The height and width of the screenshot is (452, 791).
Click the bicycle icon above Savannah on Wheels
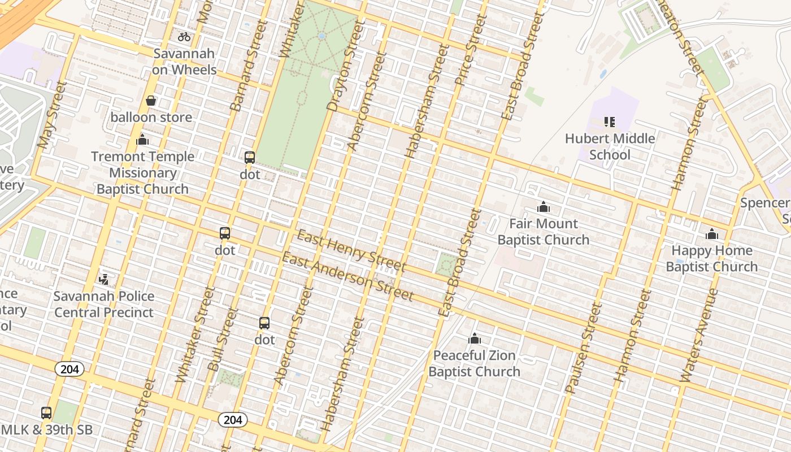[184, 37]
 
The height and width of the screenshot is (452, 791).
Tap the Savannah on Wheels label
[184, 62]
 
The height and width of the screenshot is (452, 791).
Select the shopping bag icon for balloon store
[151, 101]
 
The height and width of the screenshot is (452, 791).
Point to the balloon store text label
[151, 118]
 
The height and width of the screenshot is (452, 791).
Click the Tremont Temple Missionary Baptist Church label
[142, 173]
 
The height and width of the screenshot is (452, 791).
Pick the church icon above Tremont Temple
[142, 140]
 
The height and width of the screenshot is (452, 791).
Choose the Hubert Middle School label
[610, 146]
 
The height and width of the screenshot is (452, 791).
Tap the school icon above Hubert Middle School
[610, 121]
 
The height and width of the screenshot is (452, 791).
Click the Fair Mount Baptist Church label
[543, 232]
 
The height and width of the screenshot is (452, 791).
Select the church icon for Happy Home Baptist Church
[711, 234]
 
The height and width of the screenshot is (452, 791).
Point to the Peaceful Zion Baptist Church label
[474, 363]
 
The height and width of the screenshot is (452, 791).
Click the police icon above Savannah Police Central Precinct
[103, 279]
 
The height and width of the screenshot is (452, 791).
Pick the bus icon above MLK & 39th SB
[46, 412]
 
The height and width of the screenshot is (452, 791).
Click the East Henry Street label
[351, 250]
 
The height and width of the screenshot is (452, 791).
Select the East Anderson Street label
[347, 277]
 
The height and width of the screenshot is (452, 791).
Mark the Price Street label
[471, 50]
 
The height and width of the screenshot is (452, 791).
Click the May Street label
[52, 115]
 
